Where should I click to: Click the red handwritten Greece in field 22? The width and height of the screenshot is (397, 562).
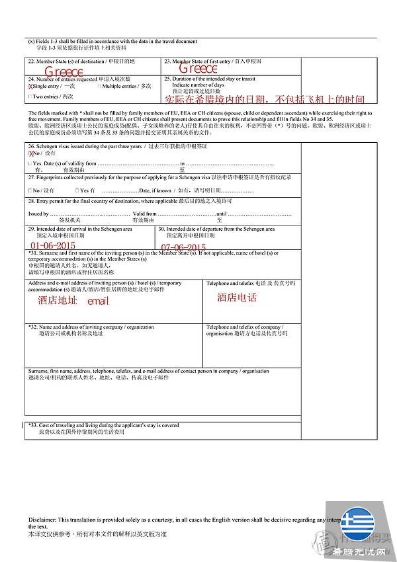pos(64,71)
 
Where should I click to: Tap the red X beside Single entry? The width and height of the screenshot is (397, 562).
pos(30,87)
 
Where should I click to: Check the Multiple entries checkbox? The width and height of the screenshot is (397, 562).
pos(99,87)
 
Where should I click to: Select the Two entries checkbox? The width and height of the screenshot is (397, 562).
pos(30,97)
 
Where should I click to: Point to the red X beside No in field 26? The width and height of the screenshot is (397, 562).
pos(31,153)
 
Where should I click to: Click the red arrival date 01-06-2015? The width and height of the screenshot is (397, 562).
pos(53,246)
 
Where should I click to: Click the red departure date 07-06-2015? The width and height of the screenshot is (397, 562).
pos(183,248)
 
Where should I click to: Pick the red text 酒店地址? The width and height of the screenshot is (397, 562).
pos(57,301)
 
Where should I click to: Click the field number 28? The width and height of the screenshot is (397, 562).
pos(31,200)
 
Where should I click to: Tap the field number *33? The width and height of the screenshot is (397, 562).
pos(32,425)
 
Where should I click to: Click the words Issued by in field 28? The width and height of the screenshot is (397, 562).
pos(38,214)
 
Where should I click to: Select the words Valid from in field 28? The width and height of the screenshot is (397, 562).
pos(144,214)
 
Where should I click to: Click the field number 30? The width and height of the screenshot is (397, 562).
pos(161,229)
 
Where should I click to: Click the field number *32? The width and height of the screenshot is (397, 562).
pos(32,327)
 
